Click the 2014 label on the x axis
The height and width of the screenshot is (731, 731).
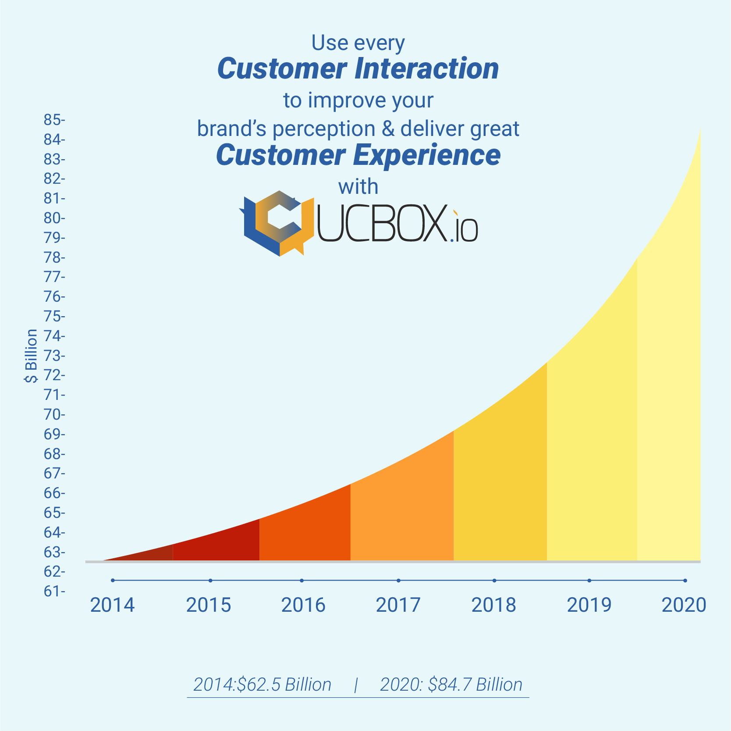pos(112,605)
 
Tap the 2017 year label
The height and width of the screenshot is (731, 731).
pos(398,605)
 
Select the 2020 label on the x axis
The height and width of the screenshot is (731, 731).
pos(684,605)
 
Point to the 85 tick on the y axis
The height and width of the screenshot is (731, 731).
pos(54,120)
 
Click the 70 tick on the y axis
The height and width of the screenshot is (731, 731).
pos(54,414)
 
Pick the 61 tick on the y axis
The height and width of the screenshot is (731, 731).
pos(54,591)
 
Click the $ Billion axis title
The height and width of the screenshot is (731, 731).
pos(31,356)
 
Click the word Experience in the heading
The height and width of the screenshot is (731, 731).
pos(427,155)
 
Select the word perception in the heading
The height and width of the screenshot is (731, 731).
pos(324,129)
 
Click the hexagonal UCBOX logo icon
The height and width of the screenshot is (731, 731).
pos(277,223)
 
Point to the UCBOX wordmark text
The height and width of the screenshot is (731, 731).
pos(397,223)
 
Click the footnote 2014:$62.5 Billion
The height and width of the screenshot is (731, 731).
pos(262,685)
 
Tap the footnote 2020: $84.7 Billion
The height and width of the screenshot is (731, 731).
pos(451,685)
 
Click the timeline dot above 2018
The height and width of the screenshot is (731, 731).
pos(494,581)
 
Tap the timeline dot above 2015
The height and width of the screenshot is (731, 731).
pos(210,581)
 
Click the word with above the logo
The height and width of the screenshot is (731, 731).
pos(358,187)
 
